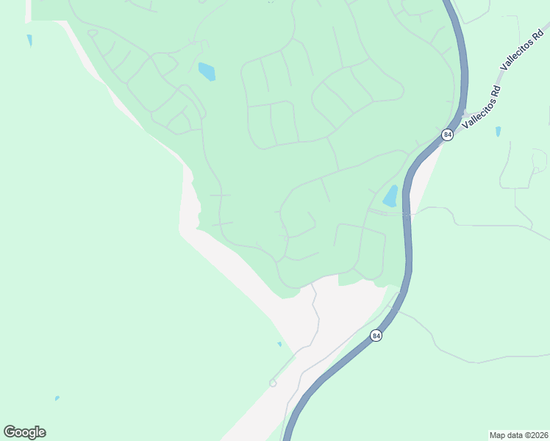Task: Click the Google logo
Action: (24, 432)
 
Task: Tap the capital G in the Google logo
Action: (10, 432)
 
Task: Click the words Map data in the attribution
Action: (505, 435)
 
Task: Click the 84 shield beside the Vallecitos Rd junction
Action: (447, 135)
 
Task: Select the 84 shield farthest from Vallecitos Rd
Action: (376, 335)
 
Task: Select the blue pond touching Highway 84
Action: (390, 197)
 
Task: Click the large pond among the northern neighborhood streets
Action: (207, 71)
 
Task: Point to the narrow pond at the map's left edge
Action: (29, 40)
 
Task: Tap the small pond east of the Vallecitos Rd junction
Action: (498, 132)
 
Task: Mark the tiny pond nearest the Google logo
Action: (57, 398)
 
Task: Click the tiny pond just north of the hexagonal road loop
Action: (279, 344)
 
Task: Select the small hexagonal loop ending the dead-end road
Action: (273, 383)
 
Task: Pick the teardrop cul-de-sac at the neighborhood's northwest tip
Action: (92, 33)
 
